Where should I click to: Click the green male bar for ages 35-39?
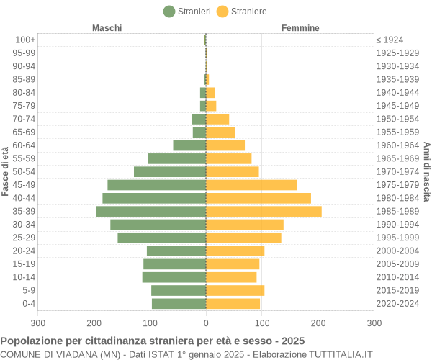point(150,211)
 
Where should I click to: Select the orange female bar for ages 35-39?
point(264,211)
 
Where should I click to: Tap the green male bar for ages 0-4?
point(179,303)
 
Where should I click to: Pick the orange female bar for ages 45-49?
point(251,185)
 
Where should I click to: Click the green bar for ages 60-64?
point(189,145)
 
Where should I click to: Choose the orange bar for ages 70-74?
point(217,119)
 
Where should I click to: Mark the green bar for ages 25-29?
point(162,238)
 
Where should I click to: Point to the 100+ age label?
point(25,40)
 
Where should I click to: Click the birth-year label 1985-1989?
point(397,211)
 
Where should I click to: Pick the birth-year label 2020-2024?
point(397,303)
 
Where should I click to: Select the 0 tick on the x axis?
point(206,323)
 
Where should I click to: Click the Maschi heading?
point(107,28)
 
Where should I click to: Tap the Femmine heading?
point(300,28)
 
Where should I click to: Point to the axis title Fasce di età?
point(6,171)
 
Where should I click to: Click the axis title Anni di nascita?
point(426,171)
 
